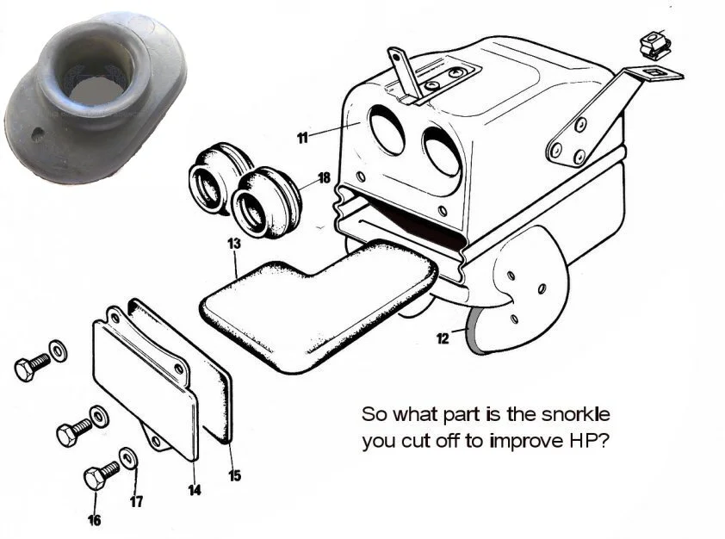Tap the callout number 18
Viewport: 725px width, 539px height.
click(324, 178)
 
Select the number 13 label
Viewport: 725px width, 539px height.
click(234, 245)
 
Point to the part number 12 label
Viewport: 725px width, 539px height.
click(443, 338)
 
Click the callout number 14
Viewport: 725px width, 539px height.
click(195, 490)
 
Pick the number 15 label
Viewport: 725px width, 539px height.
click(235, 474)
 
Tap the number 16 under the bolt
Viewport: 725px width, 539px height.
click(94, 520)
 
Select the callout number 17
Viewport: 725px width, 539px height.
click(136, 501)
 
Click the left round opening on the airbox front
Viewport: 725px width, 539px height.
click(388, 130)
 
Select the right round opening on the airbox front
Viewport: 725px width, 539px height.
click(441, 152)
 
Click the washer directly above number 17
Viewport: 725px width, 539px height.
click(127, 456)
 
